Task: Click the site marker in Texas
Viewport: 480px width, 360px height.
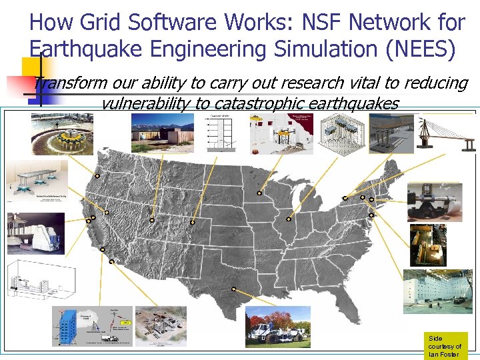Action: click(234, 289)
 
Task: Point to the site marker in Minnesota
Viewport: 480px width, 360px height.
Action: click(259, 194)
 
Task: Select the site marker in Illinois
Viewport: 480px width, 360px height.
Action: click(289, 219)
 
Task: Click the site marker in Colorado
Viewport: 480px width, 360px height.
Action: click(192, 221)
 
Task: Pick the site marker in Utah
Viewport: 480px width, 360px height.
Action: click(152, 219)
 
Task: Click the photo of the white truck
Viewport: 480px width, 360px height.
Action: click(277, 327)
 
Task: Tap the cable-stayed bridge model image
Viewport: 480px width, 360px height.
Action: click(445, 133)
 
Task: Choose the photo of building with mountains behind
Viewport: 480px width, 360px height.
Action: click(163, 133)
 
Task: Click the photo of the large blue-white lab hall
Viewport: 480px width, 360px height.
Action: click(437, 291)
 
